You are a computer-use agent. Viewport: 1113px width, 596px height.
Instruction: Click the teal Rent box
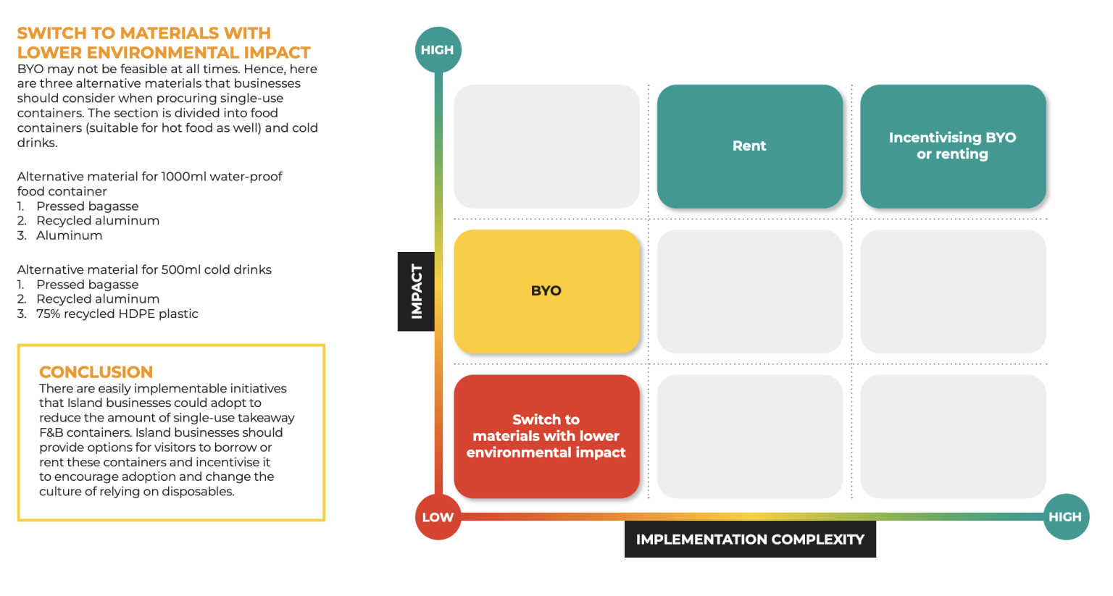[749, 146]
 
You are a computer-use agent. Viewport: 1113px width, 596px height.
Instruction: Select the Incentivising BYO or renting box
[952, 146]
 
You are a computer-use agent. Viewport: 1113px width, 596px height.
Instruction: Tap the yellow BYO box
[546, 291]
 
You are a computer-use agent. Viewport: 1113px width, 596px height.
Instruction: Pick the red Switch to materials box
[546, 436]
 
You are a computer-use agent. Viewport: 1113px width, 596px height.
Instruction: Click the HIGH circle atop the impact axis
[438, 50]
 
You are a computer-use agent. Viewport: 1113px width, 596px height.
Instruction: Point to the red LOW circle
[438, 517]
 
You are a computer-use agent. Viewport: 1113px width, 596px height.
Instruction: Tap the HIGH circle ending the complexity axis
[1065, 517]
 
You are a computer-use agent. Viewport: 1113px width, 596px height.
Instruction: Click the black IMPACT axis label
[417, 291]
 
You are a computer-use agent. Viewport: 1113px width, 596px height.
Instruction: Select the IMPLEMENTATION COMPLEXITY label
[750, 540]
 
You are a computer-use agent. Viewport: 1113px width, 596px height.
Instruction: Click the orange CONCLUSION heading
[96, 372]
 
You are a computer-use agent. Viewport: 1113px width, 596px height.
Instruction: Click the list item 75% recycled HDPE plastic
[117, 314]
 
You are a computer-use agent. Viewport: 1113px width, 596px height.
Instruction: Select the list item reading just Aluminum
[69, 235]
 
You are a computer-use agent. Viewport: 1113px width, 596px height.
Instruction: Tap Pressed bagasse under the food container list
[87, 206]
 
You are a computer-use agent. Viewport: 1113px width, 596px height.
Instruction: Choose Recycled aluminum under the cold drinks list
[98, 299]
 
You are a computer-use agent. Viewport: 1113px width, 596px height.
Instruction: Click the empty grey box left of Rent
[546, 146]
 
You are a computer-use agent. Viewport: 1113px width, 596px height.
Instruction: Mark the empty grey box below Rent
[749, 291]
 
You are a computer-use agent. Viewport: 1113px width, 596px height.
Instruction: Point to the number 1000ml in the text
[183, 177]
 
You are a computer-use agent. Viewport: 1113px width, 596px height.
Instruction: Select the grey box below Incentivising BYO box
[952, 291]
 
